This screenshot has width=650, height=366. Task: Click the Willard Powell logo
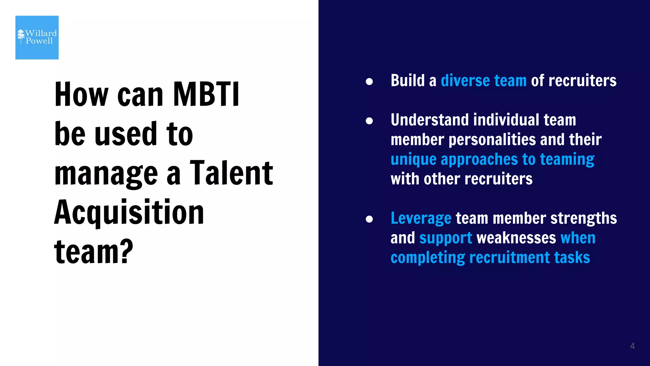(37, 37)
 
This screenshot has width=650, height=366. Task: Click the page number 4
(632, 346)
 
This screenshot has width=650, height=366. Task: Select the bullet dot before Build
(369, 82)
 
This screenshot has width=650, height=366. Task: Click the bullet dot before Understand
(369, 121)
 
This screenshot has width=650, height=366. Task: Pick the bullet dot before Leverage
(369, 219)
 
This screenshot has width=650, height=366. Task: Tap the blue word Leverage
(421, 219)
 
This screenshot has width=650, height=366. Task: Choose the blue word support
(446, 238)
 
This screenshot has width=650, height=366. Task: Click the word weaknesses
(516, 238)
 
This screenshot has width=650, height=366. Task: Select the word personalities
(492, 140)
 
